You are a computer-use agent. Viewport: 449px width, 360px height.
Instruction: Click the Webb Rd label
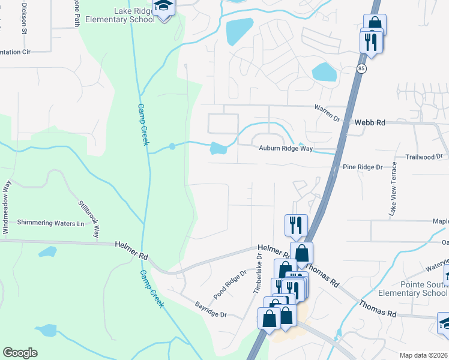click(x=369, y=122)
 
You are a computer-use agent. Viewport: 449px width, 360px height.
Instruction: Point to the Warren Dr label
click(x=327, y=109)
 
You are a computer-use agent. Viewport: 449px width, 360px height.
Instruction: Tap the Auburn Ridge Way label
click(x=286, y=148)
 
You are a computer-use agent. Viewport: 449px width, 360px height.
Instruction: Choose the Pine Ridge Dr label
click(x=363, y=167)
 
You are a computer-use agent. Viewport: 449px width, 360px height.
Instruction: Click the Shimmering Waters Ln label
click(x=50, y=223)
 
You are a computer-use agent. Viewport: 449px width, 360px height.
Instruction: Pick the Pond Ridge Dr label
click(x=231, y=284)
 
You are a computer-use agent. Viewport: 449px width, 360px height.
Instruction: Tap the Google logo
click(x=19, y=353)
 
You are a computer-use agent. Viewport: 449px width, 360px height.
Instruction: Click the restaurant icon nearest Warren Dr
click(x=370, y=42)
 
